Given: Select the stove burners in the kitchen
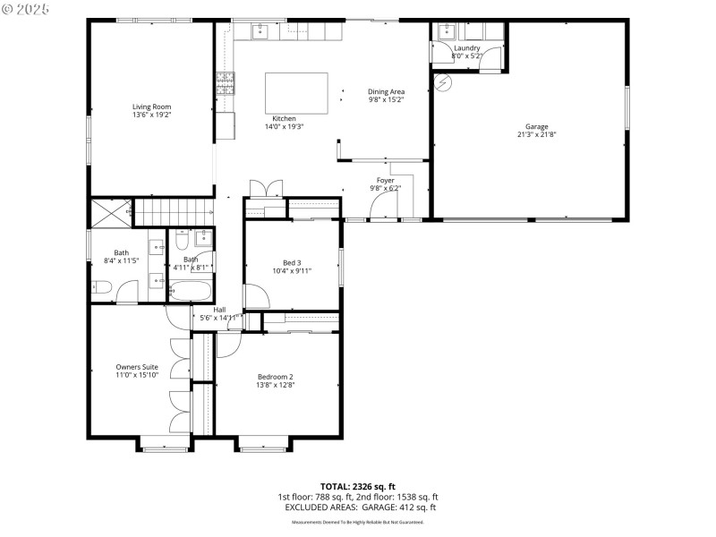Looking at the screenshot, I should coord(224,84).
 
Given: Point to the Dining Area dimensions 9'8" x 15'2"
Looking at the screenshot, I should coord(387,100).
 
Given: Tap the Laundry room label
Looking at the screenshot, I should coord(466,47).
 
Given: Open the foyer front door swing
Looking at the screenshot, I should coord(381,207).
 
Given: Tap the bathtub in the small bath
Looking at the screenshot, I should coord(191,291).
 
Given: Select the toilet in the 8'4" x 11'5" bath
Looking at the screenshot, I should coord(100,287).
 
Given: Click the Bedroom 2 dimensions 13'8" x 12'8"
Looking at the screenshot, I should coord(276,386).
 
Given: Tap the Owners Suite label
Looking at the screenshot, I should coord(137,367).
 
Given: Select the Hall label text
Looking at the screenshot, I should coord(219,310).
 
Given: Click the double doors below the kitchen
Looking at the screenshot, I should coord(266,188).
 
